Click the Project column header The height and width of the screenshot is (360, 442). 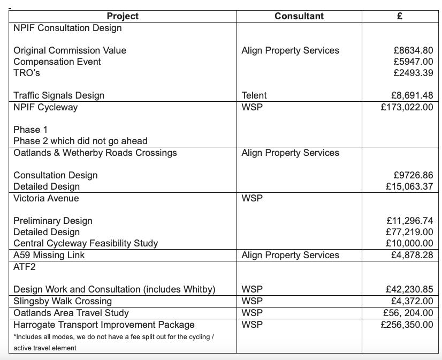pos(123,16)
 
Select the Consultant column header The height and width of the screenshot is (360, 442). pos(299,16)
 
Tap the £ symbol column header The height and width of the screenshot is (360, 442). pos(400,16)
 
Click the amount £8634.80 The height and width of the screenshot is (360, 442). pos(413,50)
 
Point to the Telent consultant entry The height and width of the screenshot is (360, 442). pos(254,95)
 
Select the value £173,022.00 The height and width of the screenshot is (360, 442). pos(407,107)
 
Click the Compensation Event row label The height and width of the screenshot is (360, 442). pos(57,62)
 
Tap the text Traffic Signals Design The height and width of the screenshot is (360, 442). pos(59,95)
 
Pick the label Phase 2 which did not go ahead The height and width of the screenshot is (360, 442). pos(80,141)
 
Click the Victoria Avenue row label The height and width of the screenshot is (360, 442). pos(46,198)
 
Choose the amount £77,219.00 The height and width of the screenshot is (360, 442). pos(409,232)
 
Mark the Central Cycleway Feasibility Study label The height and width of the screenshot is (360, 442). pos(86,243)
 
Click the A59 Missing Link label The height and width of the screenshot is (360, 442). pos(49,255)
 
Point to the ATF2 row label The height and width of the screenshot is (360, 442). pos(25,266)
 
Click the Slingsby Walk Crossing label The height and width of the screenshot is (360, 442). pos(63,301)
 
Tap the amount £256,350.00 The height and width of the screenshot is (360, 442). pos(407,325)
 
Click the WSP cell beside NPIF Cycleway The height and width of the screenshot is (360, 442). pos(252,107)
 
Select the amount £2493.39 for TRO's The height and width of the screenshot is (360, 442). pos(413,73)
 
